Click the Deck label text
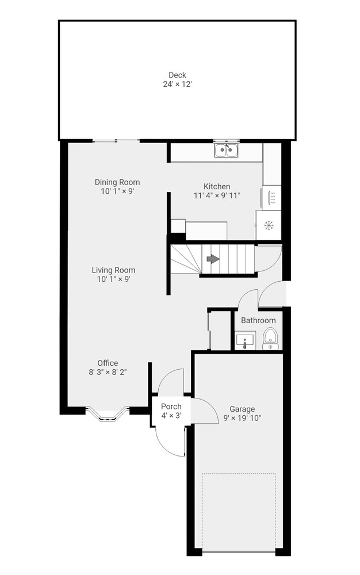coord(178,75)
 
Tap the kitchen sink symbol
coord(226,150)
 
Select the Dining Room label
coord(117,182)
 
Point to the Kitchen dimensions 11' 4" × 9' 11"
coord(217,195)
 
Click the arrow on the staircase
coord(213,259)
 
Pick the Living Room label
coord(114,270)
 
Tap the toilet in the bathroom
coord(270,339)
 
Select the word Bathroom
coord(258,320)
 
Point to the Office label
coord(108,363)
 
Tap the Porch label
coord(171,407)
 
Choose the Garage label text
coord(242,409)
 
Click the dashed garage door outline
coord(239,474)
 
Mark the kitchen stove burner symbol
coord(269,225)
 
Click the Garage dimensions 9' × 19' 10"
coord(242,418)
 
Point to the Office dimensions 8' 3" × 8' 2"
coord(108,373)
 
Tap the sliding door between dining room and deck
coord(116,140)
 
